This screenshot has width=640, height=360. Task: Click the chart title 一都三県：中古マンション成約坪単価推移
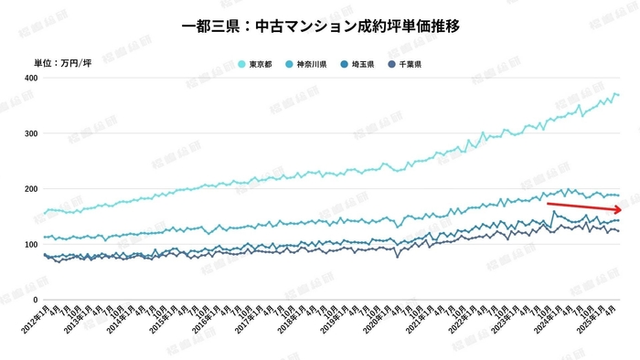(320, 26)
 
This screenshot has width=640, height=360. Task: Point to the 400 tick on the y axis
(30, 79)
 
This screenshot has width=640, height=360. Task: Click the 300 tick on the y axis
(30, 134)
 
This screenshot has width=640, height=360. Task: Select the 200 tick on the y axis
(30, 189)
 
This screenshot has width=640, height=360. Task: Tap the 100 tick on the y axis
(30, 245)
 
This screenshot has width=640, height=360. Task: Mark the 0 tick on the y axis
(34, 300)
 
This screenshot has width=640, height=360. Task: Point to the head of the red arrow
(622, 209)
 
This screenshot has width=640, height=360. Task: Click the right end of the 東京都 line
(619, 95)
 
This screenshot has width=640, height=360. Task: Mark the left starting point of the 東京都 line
(45, 214)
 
